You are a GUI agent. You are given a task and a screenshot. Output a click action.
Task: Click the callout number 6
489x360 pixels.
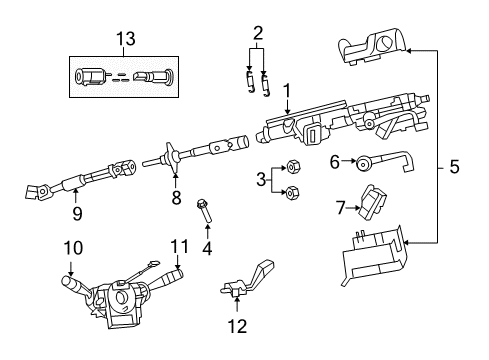336,159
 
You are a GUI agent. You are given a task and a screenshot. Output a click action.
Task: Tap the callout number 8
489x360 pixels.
176,198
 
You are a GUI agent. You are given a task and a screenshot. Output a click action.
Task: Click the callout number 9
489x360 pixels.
77,212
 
